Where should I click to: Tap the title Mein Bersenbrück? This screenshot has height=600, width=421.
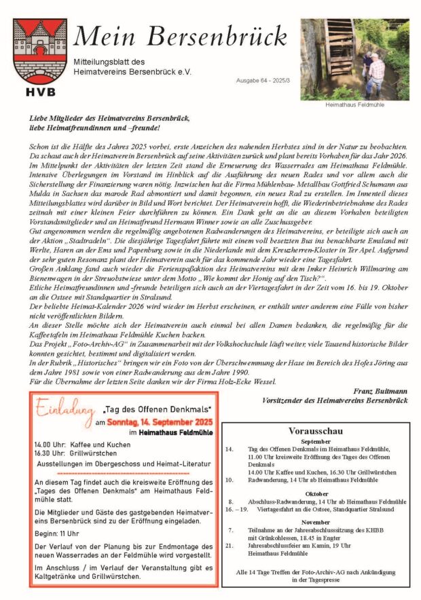pyautogui.click(x=180, y=36)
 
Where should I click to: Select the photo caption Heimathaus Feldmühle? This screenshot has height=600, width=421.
pyautogui.click(x=354, y=105)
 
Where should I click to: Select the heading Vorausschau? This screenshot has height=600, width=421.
pyautogui.click(x=316, y=430)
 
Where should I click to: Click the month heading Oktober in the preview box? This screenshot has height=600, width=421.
pyautogui.click(x=316, y=493)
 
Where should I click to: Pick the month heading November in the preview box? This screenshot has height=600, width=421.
pyautogui.click(x=316, y=522)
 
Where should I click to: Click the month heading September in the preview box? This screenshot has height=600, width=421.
pyautogui.click(x=316, y=440)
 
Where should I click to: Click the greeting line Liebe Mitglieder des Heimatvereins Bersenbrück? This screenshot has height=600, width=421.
pyautogui.click(x=109, y=118)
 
